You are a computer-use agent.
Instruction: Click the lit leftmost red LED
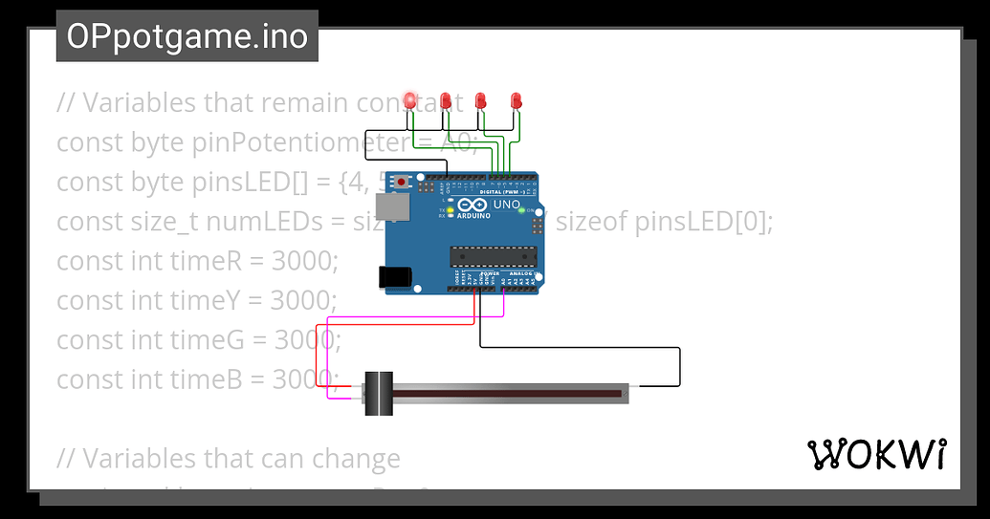pyautogui.click(x=410, y=99)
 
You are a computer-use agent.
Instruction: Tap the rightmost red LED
pyautogui.click(x=516, y=99)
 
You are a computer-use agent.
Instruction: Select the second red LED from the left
pyautogui.click(x=446, y=99)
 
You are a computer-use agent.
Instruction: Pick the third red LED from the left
pyautogui.click(x=481, y=99)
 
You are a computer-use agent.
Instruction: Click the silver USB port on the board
pyautogui.click(x=390, y=206)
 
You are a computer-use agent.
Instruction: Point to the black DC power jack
pyautogui.click(x=395, y=277)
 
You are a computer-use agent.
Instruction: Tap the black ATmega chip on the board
pyautogui.click(x=494, y=255)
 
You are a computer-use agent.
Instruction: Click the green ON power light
pyautogui.click(x=521, y=209)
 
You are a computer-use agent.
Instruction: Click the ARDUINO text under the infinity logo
pyautogui.click(x=473, y=216)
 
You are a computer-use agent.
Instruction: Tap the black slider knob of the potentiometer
pyautogui.click(x=379, y=392)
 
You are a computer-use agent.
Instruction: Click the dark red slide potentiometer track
pyautogui.click(x=507, y=392)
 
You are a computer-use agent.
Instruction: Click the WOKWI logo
pyautogui.click(x=877, y=455)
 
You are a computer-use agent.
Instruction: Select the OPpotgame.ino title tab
pyautogui.click(x=187, y=36)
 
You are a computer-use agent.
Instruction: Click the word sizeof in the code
pyautogui.click(x=590, y=222)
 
